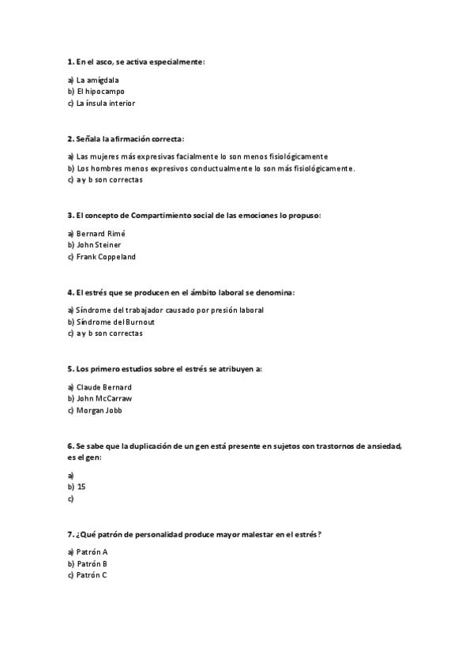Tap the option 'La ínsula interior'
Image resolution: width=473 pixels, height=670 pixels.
coord(105,103)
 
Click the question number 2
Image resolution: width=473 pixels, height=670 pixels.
coord(70,138)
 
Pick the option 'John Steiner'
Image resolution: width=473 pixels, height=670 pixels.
coord(99,245)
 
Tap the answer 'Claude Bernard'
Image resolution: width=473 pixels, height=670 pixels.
coord(103,387)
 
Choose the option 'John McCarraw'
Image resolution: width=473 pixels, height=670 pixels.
coord(104,399)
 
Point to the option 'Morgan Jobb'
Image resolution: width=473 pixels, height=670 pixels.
coord(99,410)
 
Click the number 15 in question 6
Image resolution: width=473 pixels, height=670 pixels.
coord(81,487)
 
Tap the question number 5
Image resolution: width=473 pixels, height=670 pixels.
coord(70,369)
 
